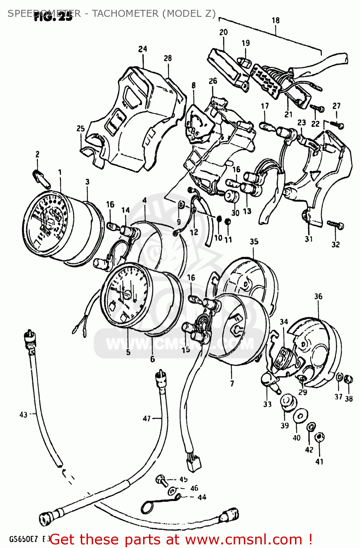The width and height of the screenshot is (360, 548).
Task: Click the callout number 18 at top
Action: click(x=276, y=20)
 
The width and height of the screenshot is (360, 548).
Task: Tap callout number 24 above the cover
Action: click(x=143, y=49)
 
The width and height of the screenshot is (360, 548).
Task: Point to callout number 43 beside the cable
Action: click(x=23, y=415)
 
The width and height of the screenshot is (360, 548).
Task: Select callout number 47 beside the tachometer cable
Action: click(x=147, y=418)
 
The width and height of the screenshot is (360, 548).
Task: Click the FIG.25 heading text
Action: click(x=53, y=17)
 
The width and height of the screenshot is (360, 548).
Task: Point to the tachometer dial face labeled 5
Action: click(x=125, y=296)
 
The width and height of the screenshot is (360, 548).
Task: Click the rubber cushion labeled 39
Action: click(x=287, y=402)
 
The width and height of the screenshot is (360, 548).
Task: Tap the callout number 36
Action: click(x=318, y=296)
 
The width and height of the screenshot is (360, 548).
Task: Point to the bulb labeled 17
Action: click(x=265, y=126)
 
